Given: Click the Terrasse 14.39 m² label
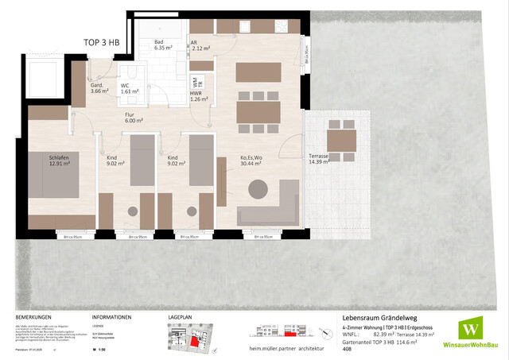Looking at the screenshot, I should click(x=319, y=159).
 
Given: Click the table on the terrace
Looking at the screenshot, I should click(x=341, y=141).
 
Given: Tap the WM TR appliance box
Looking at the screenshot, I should click(x=196, y=82).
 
